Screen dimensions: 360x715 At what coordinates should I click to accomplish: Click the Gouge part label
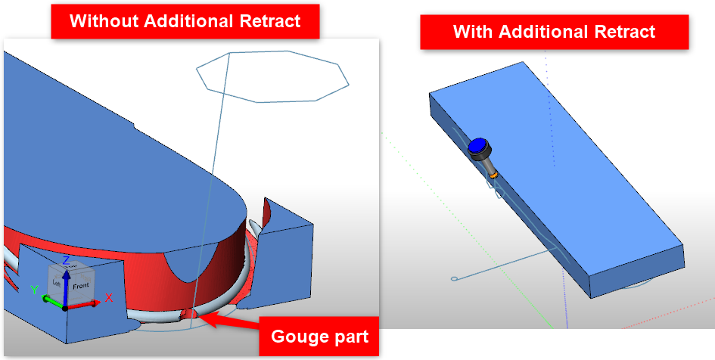319,337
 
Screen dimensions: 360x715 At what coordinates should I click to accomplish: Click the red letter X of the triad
108,297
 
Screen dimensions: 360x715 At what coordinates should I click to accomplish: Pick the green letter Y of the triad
33,289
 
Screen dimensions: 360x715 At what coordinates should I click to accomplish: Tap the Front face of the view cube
80,285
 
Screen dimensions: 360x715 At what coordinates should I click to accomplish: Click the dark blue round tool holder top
477,147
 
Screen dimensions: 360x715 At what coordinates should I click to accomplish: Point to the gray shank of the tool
487,165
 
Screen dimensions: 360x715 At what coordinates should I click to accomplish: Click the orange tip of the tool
494,176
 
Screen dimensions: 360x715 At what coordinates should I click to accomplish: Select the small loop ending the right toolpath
454,280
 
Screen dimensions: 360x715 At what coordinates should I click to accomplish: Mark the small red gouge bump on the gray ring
188,314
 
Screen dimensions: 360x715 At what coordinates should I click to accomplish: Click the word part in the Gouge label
352,337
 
